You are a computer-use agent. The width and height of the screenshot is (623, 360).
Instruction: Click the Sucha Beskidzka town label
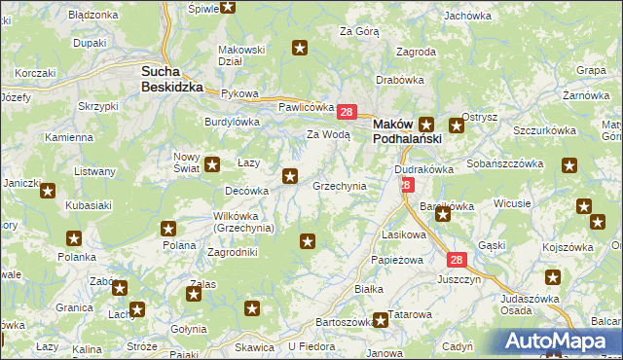172,78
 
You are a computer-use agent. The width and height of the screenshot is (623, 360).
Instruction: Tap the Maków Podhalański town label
408,131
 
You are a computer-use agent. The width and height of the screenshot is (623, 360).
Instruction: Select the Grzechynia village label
339,185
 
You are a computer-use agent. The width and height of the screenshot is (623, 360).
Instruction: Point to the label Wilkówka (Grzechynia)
243,222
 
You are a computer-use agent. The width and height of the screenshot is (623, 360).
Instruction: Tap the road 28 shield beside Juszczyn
458,260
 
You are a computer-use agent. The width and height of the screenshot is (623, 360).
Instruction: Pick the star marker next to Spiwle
228,7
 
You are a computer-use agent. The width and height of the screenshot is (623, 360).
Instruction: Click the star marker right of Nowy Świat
212,164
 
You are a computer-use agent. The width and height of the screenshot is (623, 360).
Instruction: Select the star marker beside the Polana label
168,229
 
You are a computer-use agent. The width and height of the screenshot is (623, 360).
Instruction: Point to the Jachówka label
467,16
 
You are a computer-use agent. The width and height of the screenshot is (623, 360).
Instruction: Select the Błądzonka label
93,16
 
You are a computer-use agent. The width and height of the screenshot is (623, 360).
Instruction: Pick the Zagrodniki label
233,251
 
